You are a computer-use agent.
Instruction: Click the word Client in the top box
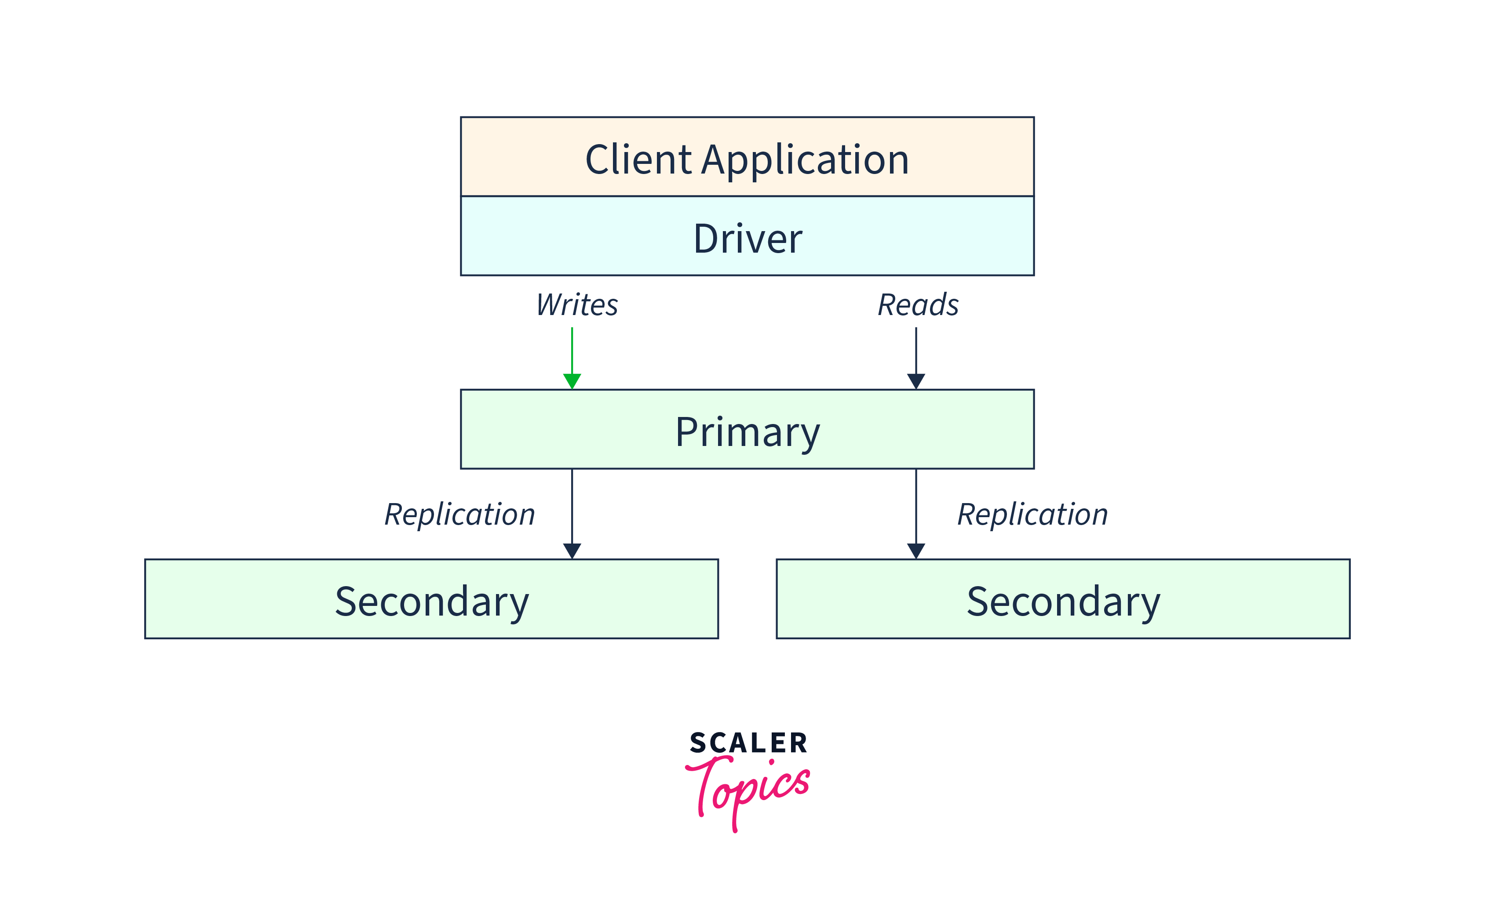(638, 160)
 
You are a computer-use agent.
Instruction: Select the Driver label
(747, 239)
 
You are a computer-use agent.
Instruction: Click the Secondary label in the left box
(431, 602)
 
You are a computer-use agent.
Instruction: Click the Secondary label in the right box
(1063, 602)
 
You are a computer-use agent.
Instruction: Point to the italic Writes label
(577, 305)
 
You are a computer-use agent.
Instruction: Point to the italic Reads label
(918, 305)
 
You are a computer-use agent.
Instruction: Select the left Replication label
(460, 515)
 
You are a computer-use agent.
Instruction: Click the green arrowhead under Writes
(572, 381)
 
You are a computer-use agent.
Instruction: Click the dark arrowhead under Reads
(916, 381)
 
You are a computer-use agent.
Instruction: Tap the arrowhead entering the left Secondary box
(572, 551)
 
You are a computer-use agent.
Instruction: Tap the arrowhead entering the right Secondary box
(916, 551)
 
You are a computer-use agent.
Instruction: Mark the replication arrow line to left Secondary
(572, 507)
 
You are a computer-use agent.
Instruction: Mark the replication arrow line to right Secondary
(916, 507)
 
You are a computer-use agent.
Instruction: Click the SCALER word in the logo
(748, 743)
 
